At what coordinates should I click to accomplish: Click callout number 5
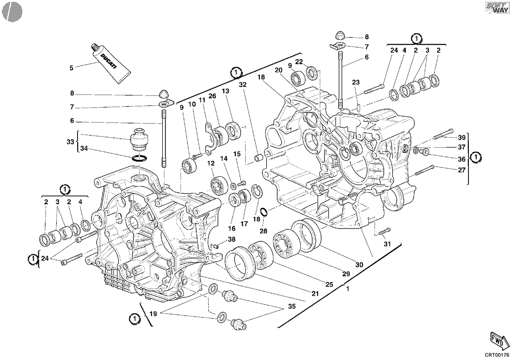[72, 68]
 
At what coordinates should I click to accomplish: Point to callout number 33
[70, 142]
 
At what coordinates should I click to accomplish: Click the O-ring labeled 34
[139, 158]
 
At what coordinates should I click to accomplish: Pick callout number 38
[232, 239]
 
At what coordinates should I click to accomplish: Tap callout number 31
[387, 244]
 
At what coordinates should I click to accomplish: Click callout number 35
[292, 306]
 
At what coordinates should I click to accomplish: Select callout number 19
[153, 314]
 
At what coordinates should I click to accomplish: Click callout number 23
[356, 82]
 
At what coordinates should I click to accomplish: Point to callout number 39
[462, 137]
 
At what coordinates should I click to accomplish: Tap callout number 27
[462, 170]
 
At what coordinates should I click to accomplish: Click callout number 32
[243, 85]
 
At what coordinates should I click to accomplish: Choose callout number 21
[315, 294]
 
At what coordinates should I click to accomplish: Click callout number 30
[359, 265]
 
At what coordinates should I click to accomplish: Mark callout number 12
[211, 163]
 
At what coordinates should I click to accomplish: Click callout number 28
[263, 231]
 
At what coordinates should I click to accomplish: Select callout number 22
[299, 62]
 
